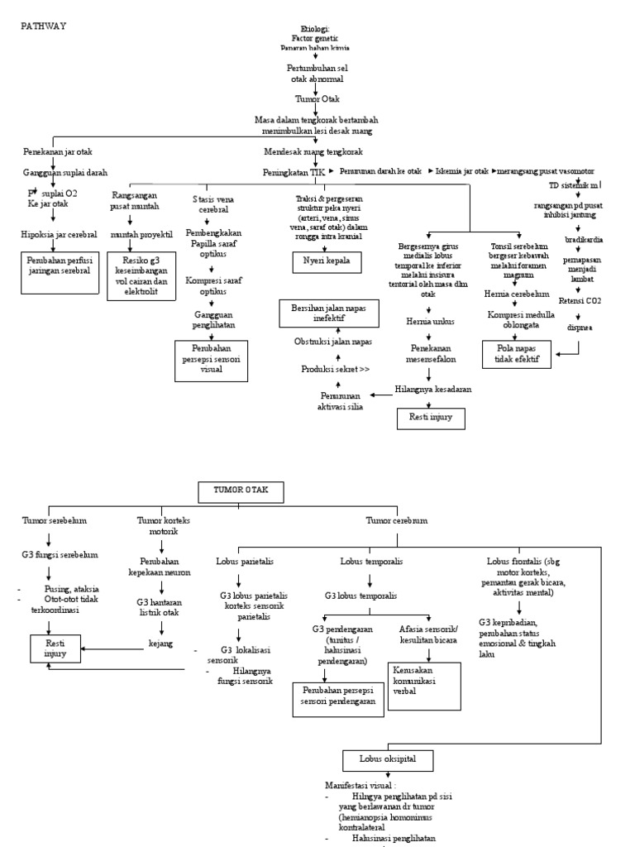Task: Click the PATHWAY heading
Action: (x=43, y=26)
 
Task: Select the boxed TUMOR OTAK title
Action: (x=241, y=490)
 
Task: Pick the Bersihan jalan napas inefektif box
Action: (x=327, y=313)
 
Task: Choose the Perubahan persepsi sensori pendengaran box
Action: (x=333, y=696)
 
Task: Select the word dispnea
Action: (x=580, y=328)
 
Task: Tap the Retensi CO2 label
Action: (x=580, y=300)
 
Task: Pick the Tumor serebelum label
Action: (x=55, y=520)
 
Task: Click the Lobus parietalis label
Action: (x=246, y=561)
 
